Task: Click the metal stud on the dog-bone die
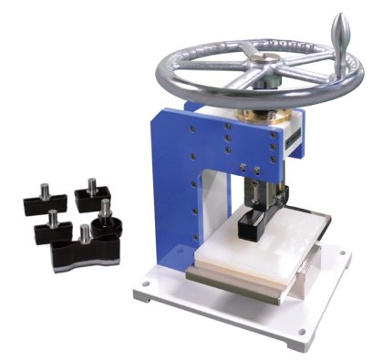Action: click(85, 234)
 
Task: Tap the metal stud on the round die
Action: click(105, 209)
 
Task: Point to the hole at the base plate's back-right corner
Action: click(340, 255)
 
